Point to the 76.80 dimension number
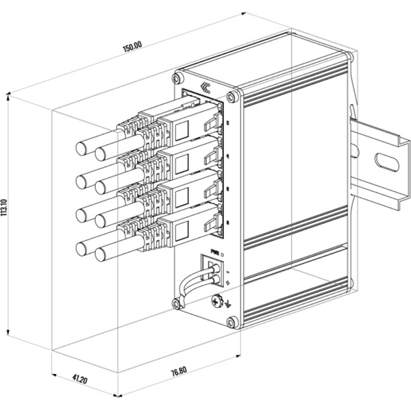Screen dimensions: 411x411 (178, 371)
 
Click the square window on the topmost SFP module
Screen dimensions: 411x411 (182, 128)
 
